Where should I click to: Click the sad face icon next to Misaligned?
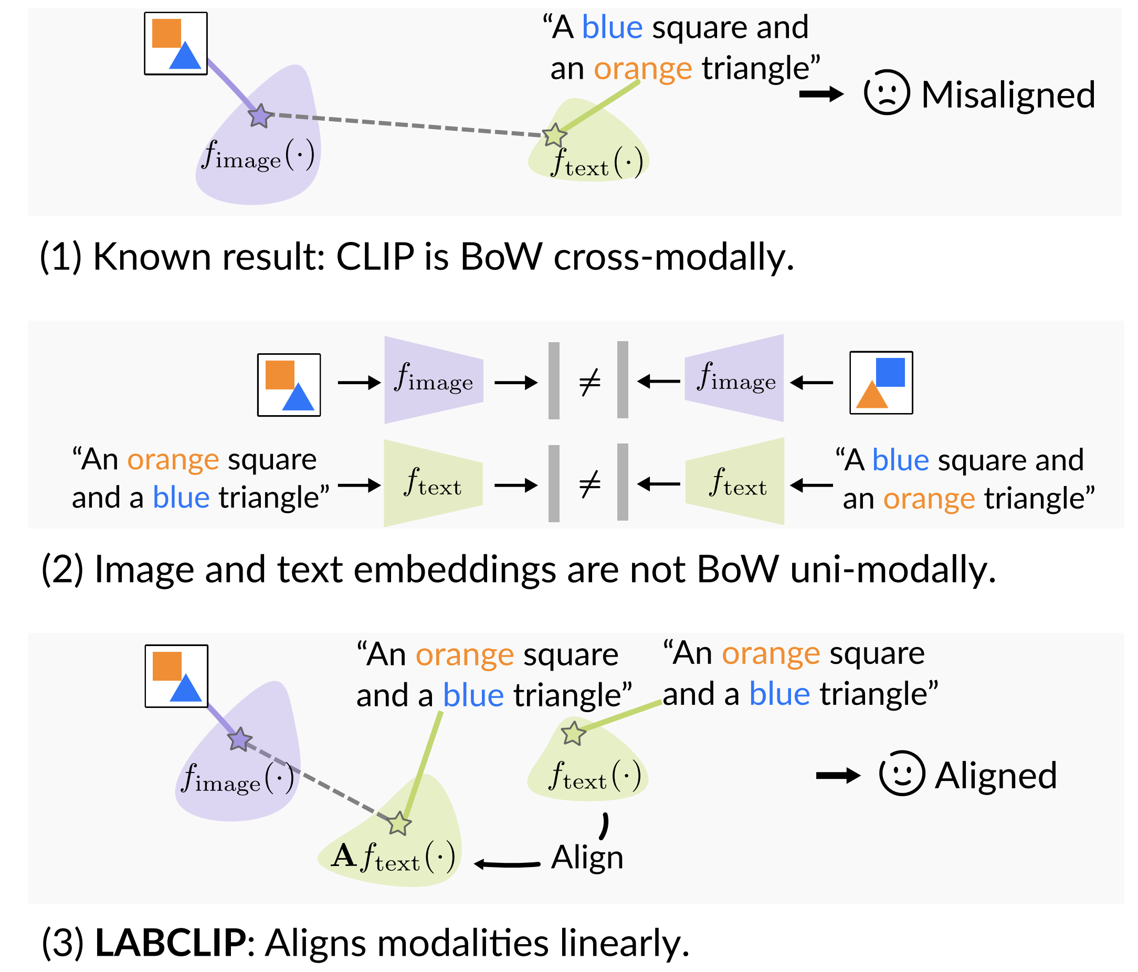tap(887, 92)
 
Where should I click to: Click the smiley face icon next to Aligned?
tap(902, 773)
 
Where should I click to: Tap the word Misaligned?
tap(1008, 94)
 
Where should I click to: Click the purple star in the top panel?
tap(260, 115)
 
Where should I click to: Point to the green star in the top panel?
tap(554, 134)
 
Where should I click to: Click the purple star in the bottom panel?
tap(240, 739)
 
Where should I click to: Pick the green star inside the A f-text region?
tap(399, 822)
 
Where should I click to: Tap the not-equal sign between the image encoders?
tap(590, 382)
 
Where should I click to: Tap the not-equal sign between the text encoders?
tap(590, 484)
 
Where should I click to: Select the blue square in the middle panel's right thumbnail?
tap(890, 372)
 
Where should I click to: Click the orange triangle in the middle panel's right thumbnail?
tap(872, 394)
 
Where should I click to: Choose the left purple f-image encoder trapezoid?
tap(434, 380)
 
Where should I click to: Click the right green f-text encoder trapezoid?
tap(735, 482)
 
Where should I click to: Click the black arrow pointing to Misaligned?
tap(821, 94)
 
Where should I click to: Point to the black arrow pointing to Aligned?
tap(838, 775)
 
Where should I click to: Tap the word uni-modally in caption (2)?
tap(893, 569)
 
